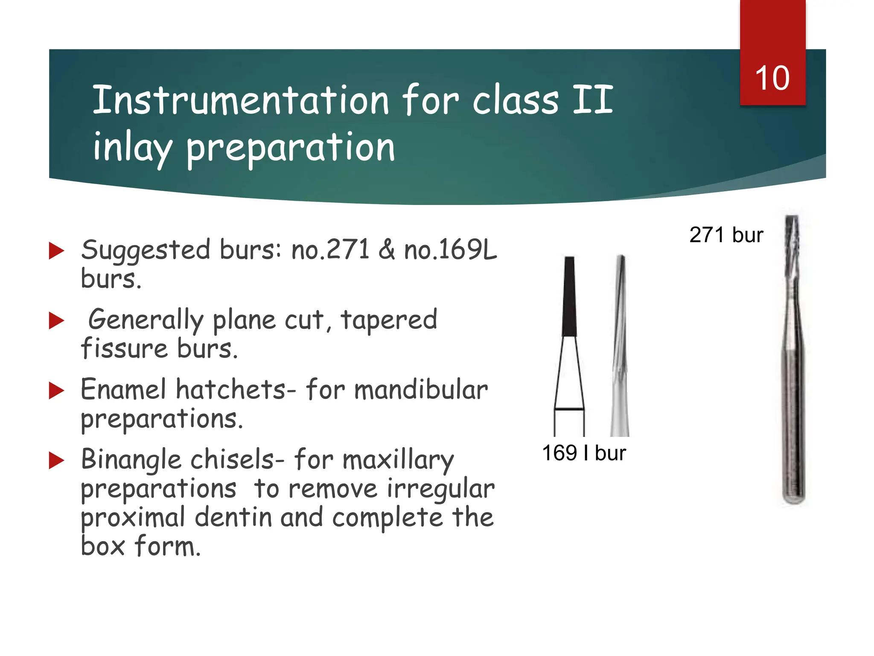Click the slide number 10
pos(772,79)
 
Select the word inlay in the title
pos(132,147)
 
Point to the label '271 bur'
pos(726,235)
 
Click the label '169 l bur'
pos(583,453)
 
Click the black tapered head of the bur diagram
pos(569,297)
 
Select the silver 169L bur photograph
pos(620,346)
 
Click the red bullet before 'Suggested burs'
pos(56,251)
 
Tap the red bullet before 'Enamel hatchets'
pos(56,390)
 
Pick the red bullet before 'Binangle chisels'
pos(56,460)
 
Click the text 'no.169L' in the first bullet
pos(450,250)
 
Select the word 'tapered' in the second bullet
pos(389,320)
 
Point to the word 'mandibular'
pos(421,390)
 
